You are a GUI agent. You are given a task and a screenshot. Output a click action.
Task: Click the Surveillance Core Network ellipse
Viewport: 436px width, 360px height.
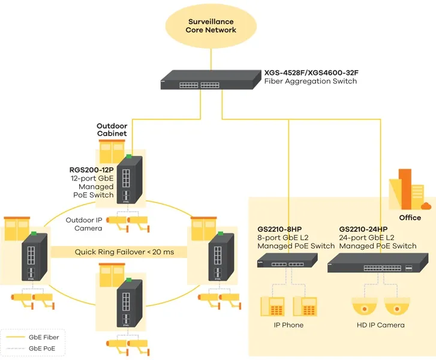pos(211,26)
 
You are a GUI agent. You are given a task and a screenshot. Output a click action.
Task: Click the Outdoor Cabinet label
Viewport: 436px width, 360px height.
pos(112,130)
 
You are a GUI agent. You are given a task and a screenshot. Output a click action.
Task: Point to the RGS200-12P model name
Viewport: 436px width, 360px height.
pos(91,170)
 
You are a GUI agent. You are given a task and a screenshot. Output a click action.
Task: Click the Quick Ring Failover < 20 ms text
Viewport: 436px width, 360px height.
pos(124,252)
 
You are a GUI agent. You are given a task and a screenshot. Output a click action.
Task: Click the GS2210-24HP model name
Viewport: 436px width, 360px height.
pos(363,229)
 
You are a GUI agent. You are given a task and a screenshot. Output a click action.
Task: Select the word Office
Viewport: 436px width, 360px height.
pos(410,217)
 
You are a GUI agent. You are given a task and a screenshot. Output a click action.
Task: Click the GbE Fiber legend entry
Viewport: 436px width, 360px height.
pos(36,338)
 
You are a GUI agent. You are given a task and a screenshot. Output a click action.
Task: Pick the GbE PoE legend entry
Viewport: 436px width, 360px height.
pos(36,349)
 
